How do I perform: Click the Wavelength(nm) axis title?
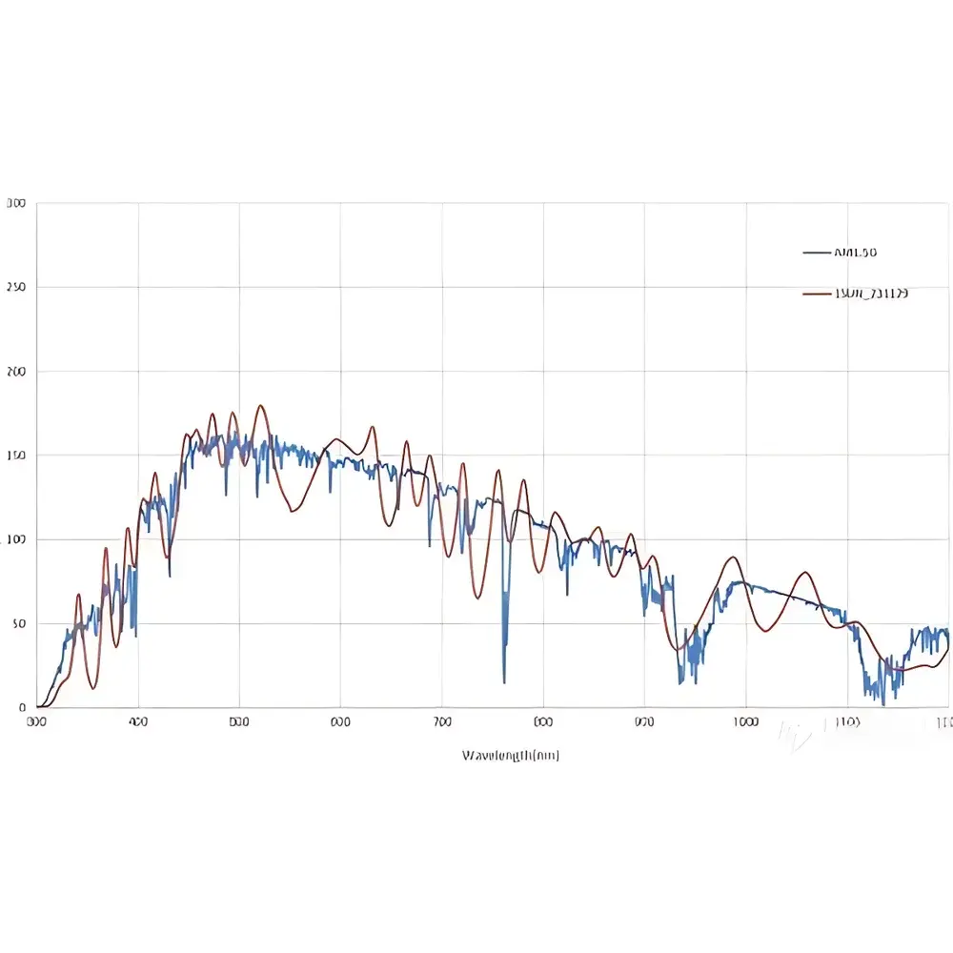click(x=511, y=755)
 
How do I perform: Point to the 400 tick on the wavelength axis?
click(x=138, y=722)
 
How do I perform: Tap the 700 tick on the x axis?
click(x=442, y=722)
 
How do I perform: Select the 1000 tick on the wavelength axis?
click(x=745, y=722)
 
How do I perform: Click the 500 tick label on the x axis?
click(x=239, y=722)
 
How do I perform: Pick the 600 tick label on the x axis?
click(x=340, y=722)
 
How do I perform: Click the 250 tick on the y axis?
click(x=16, y=287)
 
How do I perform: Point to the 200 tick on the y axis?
click(x=16, y=372)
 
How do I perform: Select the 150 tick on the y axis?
click(x=16, y=456)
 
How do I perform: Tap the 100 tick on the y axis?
click(x=16, y=539)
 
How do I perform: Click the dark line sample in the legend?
click(x=817, y=253)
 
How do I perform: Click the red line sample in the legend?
click(x=817, y=294)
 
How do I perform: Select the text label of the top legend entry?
click(x=855, y=253)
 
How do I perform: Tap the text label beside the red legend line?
click(x=871, y=294)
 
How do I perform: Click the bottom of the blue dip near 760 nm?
click(x=504, y=682)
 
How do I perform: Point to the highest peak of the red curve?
click(x=259, y=405)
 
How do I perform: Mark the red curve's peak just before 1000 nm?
click(x=732, y=558)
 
